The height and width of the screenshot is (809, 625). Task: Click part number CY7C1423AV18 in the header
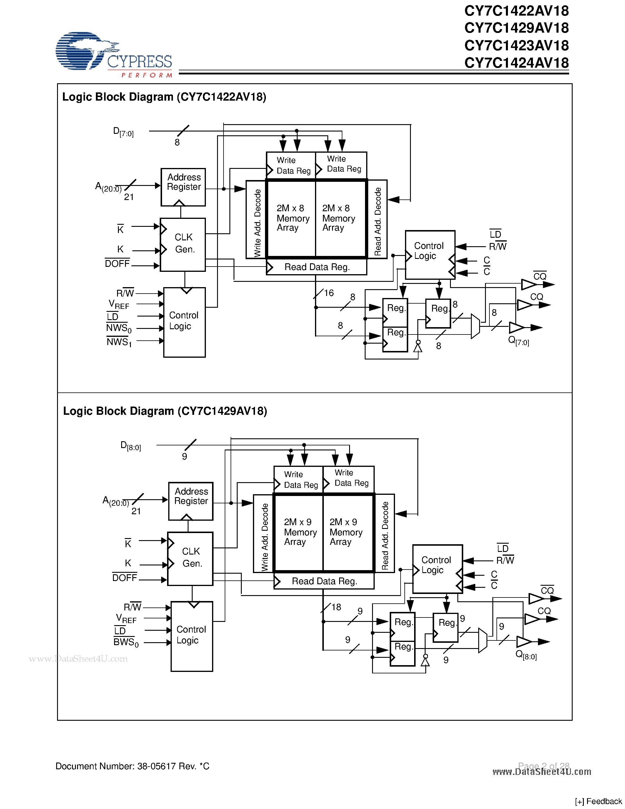click(x=516, y=46)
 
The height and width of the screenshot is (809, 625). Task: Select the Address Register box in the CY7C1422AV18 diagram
click(x=183, y=187)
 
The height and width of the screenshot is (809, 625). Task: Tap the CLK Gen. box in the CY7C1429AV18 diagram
click(x=190, y=559)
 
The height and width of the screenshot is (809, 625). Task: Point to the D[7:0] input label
click(x=123, y=132)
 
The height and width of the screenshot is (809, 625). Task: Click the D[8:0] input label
click(x=131, y=446)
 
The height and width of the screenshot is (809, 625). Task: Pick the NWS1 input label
click(x=119, y=342)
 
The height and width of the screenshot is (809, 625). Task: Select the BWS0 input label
click(x=126, y=642)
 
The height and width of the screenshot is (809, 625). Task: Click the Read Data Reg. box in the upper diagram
click(x=316, y=267)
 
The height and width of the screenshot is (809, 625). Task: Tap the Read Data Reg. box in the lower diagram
click(x=324, y=581)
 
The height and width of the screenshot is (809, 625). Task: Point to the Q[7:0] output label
click(x=518, y=341)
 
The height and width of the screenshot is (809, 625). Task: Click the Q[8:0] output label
click(x=526, y=655)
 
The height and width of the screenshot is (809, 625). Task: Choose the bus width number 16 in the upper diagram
click(x=329, y=293)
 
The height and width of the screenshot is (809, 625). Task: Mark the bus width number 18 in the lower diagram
click(x=336, y=607)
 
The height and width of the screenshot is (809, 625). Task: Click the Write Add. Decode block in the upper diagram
click(x=256, y=219)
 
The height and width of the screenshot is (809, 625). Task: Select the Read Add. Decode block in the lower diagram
click(x=385, y=533)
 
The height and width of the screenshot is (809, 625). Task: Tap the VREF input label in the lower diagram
click(x=126, y=618)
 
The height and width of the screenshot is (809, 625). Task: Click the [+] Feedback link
click(x=598, y=801)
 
